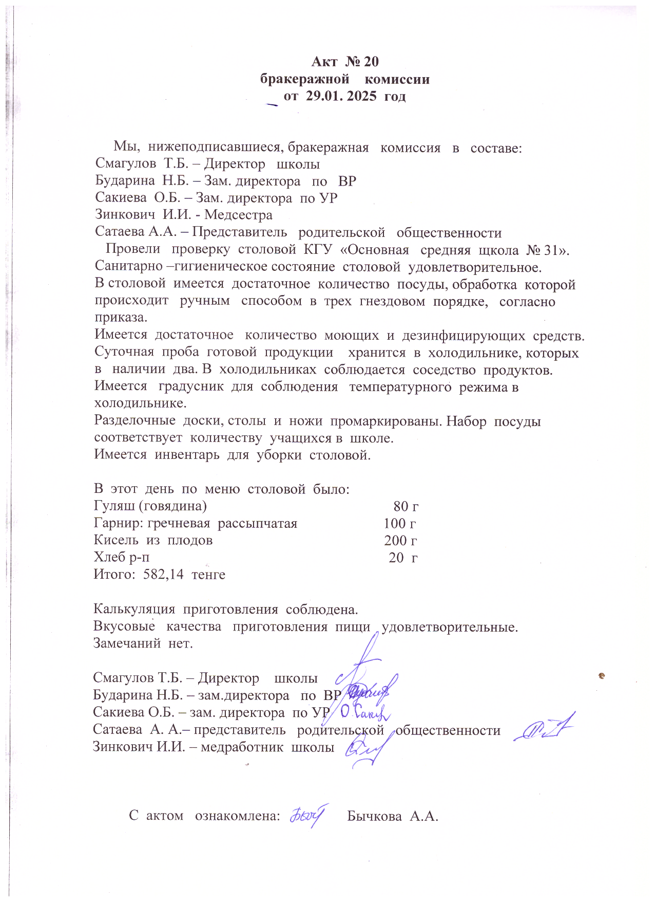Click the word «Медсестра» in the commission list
click(238, 215)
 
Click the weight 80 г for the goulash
click(406, 506)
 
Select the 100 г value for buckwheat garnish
click(400, 524)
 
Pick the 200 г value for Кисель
click(400, 541)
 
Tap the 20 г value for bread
click(403, 558)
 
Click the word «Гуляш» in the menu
click(115, 506)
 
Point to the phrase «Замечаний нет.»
click(143, 643)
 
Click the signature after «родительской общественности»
click(544, 728)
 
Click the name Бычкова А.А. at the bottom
click(393, 816)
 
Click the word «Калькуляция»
click(134, 610)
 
